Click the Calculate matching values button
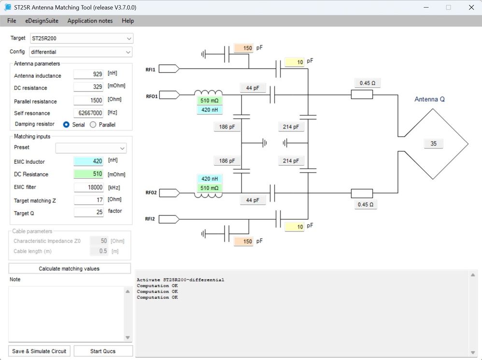point(70,269)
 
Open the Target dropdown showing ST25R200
point(81,38)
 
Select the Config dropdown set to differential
point(81,52)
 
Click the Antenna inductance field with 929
point(88,74)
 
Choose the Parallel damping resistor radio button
point(93,125)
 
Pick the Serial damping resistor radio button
point(66,125)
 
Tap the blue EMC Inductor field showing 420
point(88,161)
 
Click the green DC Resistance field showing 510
point(88,174)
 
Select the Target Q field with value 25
point(88,212)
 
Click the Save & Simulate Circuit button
point(40,351)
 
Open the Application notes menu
point(90,21)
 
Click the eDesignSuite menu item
point(42,21)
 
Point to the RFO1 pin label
point(151,96)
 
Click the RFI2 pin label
point(151,219)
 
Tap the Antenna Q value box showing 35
point(433,144)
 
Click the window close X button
point(471,7)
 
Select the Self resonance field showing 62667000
point(88,113)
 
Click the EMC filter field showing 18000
point(88,187)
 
